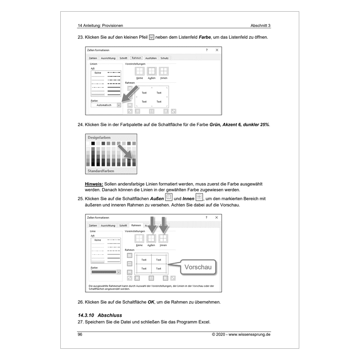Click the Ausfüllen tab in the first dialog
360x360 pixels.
click(152, 58)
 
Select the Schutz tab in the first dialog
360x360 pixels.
click(165, 58)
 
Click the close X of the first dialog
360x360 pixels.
click(217, 50)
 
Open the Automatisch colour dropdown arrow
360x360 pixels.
click(119, 105)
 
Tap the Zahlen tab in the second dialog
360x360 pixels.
click(93, 225)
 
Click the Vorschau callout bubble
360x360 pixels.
click(197, 268)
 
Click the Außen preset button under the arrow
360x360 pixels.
click(152, 238)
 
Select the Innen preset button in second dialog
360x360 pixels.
click(163, 238)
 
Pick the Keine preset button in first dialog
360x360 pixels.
click(139, 71)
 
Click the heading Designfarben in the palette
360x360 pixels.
click(99, 137)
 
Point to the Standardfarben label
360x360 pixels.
click(100, 171)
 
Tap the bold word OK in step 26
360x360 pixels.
click(151, 301)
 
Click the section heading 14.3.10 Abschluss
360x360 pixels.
click(99, 315)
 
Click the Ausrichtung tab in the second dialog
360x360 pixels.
click(108, 225)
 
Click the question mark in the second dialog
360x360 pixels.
click(207, 217)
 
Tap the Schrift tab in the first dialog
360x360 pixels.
click(123, 58)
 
